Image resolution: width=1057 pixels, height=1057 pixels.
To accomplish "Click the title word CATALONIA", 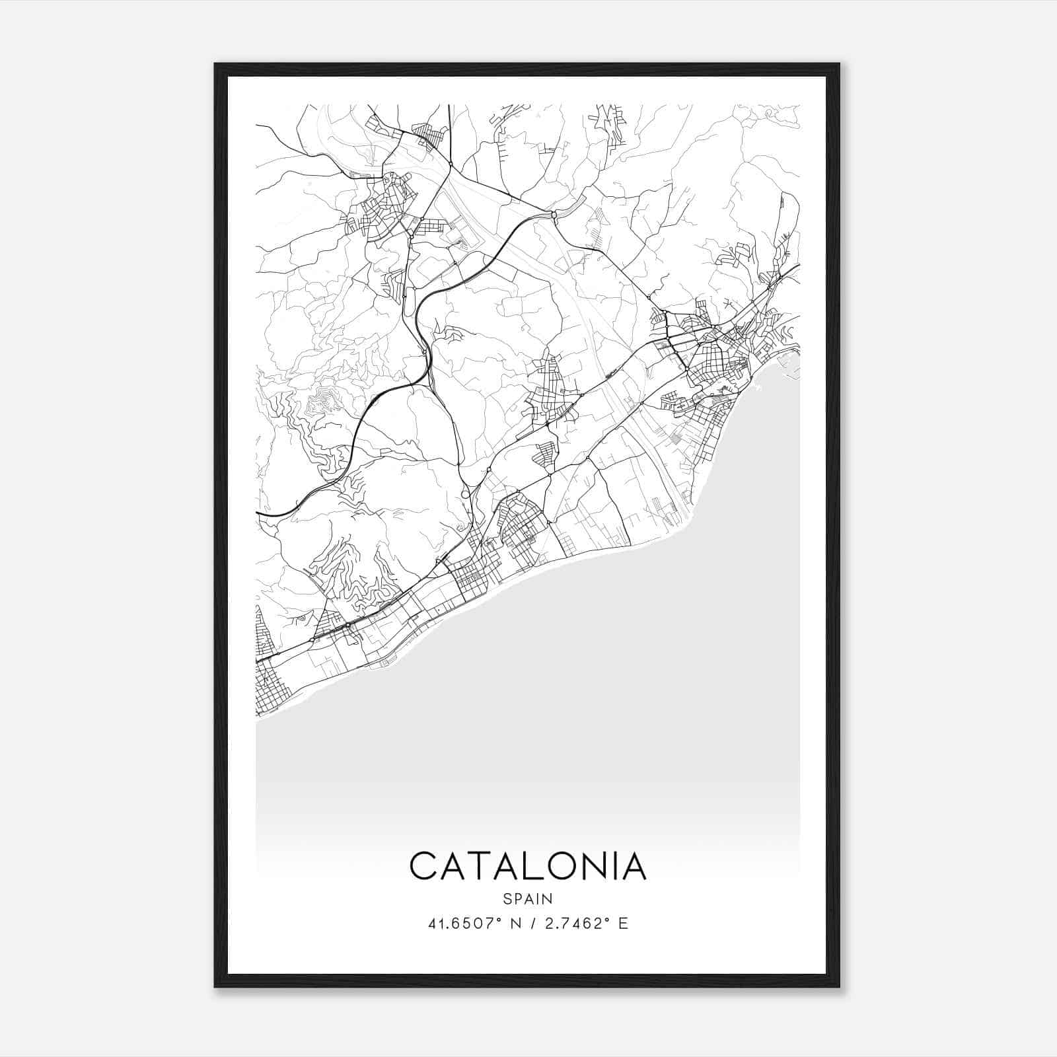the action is tap(528, 866).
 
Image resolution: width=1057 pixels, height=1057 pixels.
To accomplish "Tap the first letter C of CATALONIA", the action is tap(423, 866).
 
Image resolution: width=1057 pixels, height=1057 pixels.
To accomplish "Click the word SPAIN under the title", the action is tap(528, 898).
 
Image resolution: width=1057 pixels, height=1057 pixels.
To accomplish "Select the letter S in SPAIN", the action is tap(507, 898).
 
